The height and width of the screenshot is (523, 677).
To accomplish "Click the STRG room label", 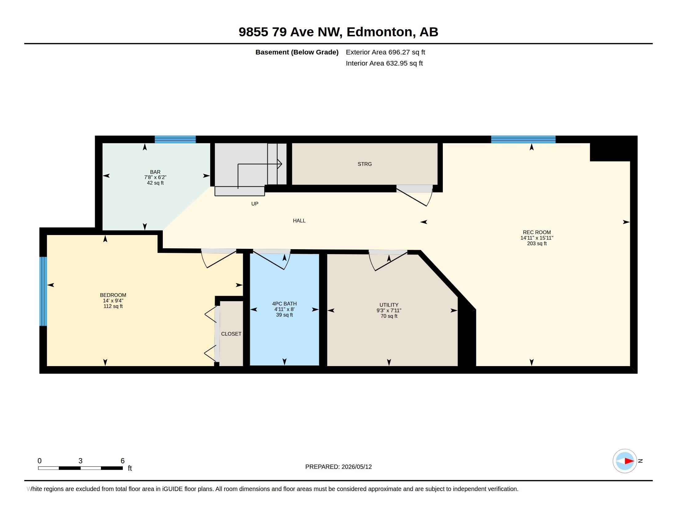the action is [365, 164].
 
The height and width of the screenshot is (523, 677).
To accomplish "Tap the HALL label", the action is [299, 221].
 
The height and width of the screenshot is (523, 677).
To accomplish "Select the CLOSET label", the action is [231, 334].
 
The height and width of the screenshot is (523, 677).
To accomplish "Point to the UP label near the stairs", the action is [254, 204].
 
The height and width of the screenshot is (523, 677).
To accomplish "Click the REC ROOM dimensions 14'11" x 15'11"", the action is [537, 238].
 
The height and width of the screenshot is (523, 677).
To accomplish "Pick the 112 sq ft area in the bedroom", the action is [113, 306].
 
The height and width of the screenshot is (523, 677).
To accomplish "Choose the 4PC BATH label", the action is [284, 304].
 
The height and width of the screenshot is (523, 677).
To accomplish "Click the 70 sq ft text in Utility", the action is [389, 316].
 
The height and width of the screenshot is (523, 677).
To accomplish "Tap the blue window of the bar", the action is [175, 139].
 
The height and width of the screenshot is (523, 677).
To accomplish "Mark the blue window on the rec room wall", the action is [523, 139].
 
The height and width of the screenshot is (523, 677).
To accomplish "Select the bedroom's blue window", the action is [43, 291].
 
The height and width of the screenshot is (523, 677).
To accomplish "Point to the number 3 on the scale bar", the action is [81, 461].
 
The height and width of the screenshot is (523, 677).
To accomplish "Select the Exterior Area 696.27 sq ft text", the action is [385, 52].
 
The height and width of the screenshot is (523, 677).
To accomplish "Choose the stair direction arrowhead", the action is [279, 164].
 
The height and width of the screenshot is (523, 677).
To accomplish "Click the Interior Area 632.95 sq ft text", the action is [384, 63].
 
